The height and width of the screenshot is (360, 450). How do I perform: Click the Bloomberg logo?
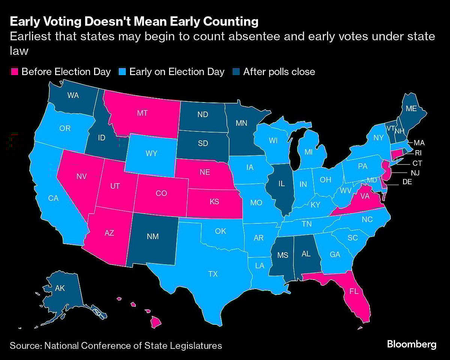click(411, 344)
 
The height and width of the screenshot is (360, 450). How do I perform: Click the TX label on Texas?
click(213, 274)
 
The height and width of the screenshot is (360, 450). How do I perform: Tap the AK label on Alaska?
click(60, 288)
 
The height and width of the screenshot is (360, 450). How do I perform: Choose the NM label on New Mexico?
click(153, 236)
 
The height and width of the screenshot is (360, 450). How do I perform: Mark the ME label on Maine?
click(411, 108)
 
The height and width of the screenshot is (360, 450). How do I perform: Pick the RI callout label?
click(418, 152)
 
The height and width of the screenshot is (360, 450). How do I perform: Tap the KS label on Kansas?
click(214, 202)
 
